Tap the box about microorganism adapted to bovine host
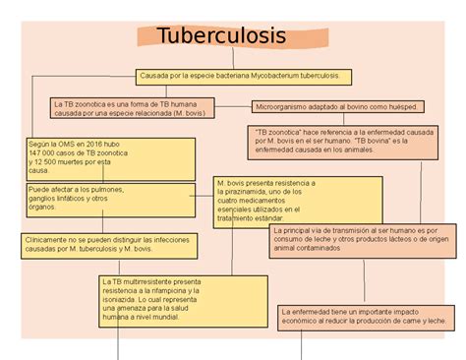(x=338, y=106)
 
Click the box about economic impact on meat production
(x=365, y=315)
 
